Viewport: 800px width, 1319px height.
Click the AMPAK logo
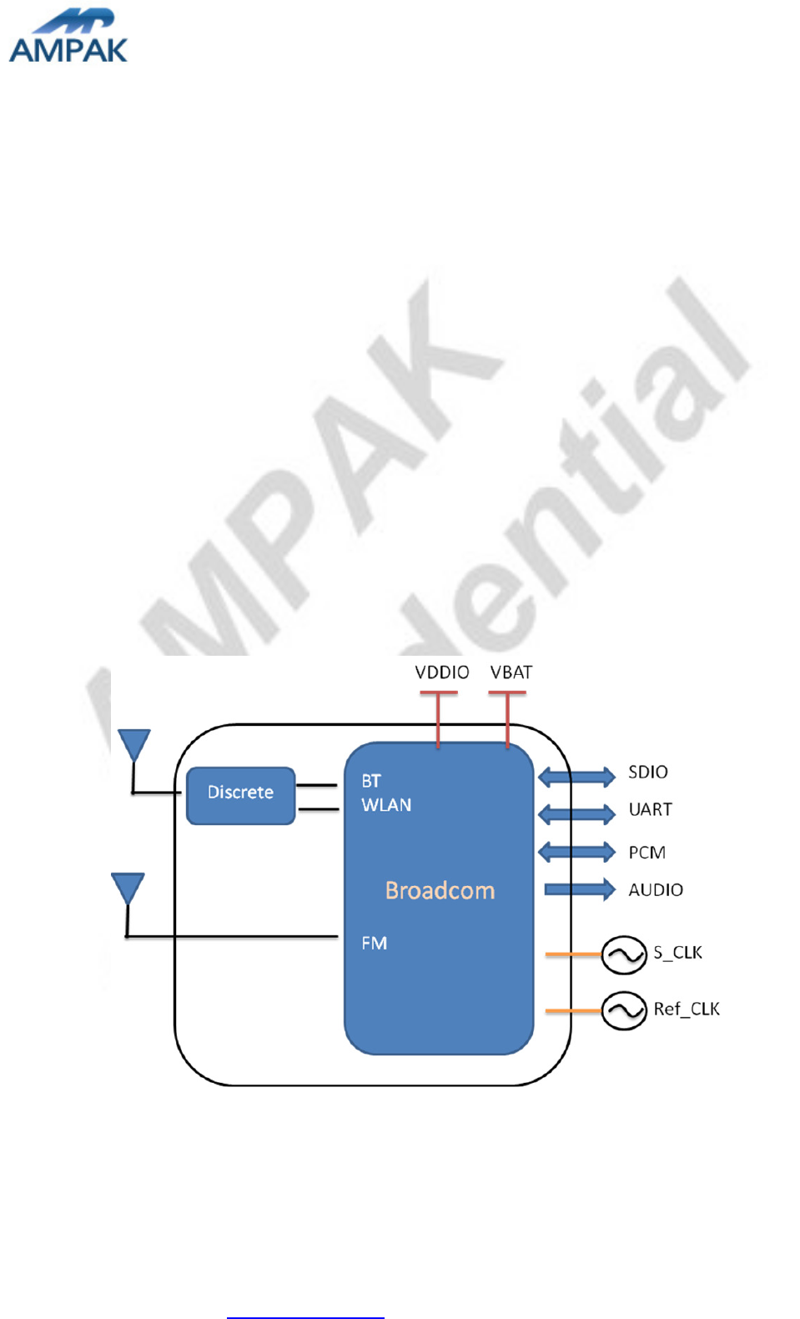click(x=68, y=38)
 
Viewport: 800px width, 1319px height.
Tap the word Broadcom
click(x=440, y=891)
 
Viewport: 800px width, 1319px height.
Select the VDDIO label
click(x=442, y=672)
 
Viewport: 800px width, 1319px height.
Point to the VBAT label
click(x=511, y=672)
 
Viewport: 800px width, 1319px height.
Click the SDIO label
click(x=648, y=773)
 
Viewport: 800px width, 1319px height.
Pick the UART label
click(x=650, y=809)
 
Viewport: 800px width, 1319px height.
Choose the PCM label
click(x=647, y=853)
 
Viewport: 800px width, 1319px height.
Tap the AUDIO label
click(x=656, y=890)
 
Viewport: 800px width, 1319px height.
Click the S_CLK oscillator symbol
click(x=624, y=954)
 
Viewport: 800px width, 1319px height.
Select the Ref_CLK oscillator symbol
click(x=624, y=1011)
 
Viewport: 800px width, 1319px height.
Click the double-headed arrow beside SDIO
click(x=576, y=778)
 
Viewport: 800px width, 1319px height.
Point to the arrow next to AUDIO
click(x=579, y=889)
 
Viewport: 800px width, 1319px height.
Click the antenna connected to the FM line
click(x=128, y=888)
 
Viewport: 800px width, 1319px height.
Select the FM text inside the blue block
click(x=374, y=944)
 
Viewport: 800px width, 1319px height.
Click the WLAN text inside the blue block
click(x=386, y=805)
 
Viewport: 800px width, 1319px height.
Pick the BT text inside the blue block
click(x=371, y=782)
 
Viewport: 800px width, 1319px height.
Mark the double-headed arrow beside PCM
click(x=576, y=852)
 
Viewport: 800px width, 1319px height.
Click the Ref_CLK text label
click(x=686, y=1009)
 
